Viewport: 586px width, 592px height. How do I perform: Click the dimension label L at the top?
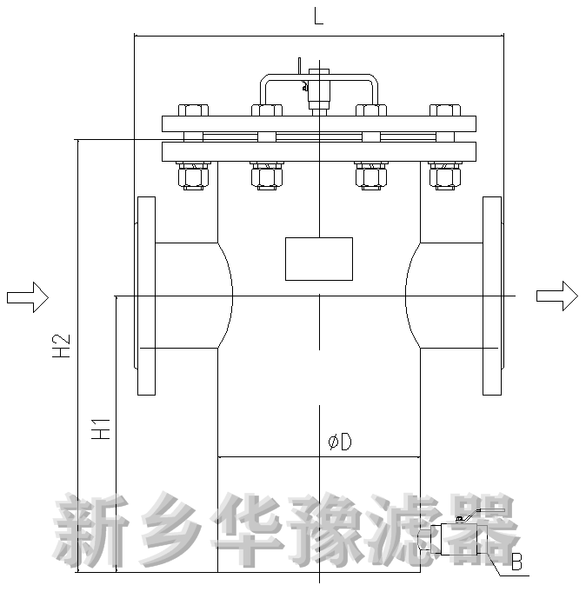click(318, 17)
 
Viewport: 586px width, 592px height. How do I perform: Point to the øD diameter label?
click(339, 442)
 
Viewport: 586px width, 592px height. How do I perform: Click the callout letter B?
click(516, 563)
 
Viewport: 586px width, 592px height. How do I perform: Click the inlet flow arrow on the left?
click(27, 296)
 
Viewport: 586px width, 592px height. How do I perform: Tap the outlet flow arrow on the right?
click(556, 296)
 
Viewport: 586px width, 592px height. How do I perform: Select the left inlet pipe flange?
click(146, 296)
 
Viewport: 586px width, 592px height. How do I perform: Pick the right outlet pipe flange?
click(492, 296)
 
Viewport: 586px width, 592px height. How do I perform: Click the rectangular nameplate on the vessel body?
click(319, 258)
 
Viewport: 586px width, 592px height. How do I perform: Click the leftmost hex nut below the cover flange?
click(192, 176)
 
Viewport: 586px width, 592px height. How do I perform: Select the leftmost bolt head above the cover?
click(192, 110)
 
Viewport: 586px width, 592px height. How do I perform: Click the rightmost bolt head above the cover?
click(445, 110)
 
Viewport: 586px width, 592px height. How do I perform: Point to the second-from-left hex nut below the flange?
click(267, 176)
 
